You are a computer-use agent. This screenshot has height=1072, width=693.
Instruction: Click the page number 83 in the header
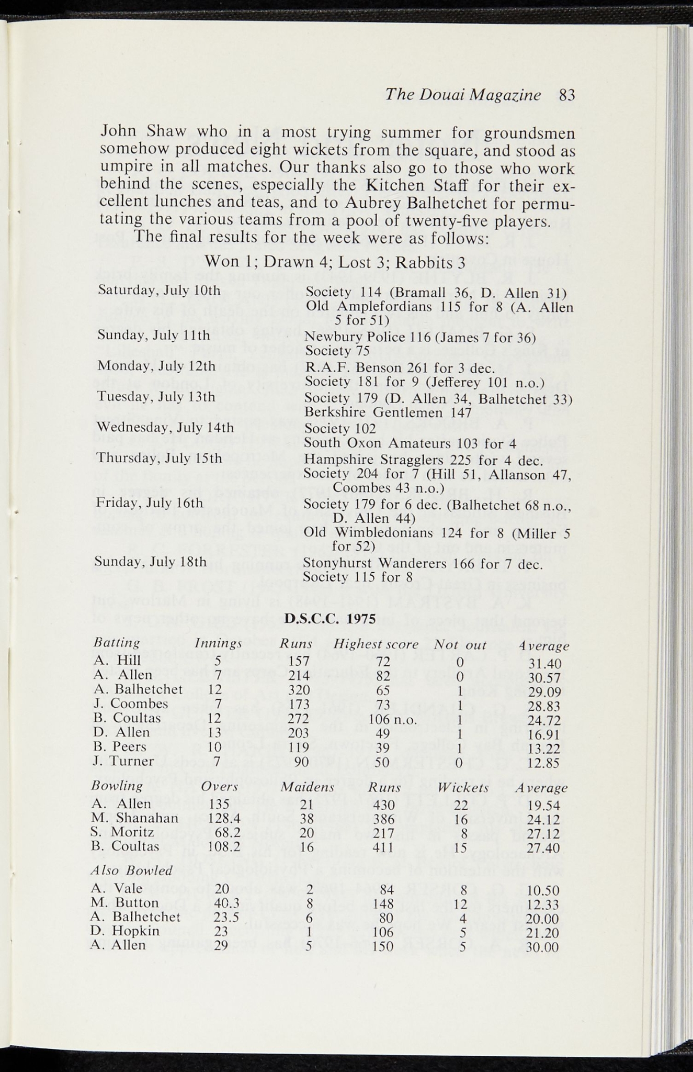[566, 95]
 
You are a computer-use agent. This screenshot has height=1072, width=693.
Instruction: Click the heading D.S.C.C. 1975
[331, 618]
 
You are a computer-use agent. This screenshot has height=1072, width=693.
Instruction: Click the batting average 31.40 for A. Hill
[545, 664]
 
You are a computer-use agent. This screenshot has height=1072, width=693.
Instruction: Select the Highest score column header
[376, 644]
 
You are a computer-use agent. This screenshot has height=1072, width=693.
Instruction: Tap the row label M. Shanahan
[134, 818]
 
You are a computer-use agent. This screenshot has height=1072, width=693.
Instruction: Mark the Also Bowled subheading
[132, 870]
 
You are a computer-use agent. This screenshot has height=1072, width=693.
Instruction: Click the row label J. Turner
[123, 761]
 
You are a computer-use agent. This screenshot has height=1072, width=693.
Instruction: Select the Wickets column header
[463, 788]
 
